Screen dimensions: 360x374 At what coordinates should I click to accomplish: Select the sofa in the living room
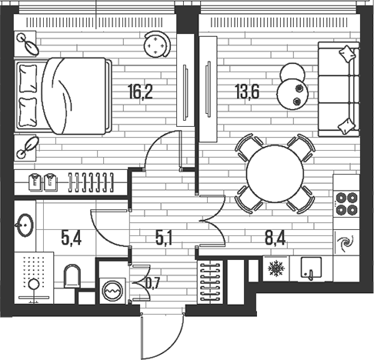pyautogui.click(x=338, y=87)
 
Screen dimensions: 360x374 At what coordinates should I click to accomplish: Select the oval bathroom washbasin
pyautogui.click(x=24, y=222)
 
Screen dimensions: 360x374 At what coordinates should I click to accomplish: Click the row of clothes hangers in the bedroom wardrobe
pyautogui.click(x=91, y=182)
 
